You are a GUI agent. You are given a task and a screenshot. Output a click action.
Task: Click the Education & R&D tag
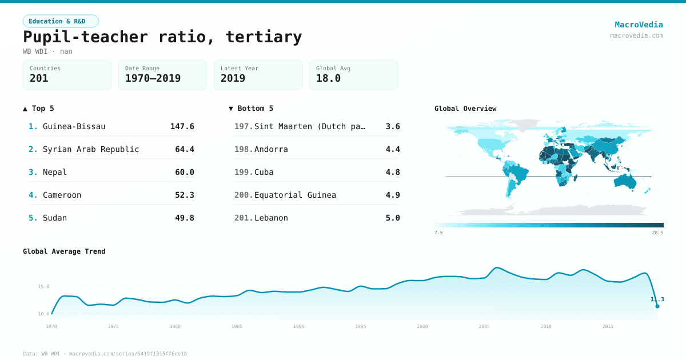(61, 21)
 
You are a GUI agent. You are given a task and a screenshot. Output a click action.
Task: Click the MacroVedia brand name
(639, 25)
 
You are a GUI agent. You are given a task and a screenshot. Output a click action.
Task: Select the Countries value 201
(39, 78)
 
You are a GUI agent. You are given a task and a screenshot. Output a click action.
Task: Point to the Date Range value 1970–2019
(153, 78)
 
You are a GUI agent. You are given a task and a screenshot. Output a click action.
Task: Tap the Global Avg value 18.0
(328, 78)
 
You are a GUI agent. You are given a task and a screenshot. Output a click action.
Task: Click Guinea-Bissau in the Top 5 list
(74, 126)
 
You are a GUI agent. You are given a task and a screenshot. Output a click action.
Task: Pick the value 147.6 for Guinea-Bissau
(182, 126)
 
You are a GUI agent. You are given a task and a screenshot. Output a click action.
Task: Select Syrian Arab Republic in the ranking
(91, 149)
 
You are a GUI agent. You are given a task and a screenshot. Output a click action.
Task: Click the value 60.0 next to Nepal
(185, 172)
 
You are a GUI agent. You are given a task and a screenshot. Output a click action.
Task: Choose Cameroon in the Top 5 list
(62, 195)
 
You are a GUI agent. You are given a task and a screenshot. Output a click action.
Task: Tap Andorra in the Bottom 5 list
(271, 149)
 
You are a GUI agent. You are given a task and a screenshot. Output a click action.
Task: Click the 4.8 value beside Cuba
(393, 172)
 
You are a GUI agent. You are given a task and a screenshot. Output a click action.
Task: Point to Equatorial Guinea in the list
(295, 195)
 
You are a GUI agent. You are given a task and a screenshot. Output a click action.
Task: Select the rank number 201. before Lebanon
(243, 218)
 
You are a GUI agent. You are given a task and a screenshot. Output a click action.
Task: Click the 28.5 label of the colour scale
(657, 233)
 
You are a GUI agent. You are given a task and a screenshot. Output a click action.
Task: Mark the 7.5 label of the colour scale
(438, 233)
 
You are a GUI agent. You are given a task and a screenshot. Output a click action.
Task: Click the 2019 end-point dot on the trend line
(657, 306)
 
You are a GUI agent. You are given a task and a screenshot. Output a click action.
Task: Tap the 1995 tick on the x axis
(361, 326)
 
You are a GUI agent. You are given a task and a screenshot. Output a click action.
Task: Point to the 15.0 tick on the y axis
(43, 286)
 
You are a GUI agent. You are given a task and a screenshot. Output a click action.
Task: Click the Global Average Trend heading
(64, 251)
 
